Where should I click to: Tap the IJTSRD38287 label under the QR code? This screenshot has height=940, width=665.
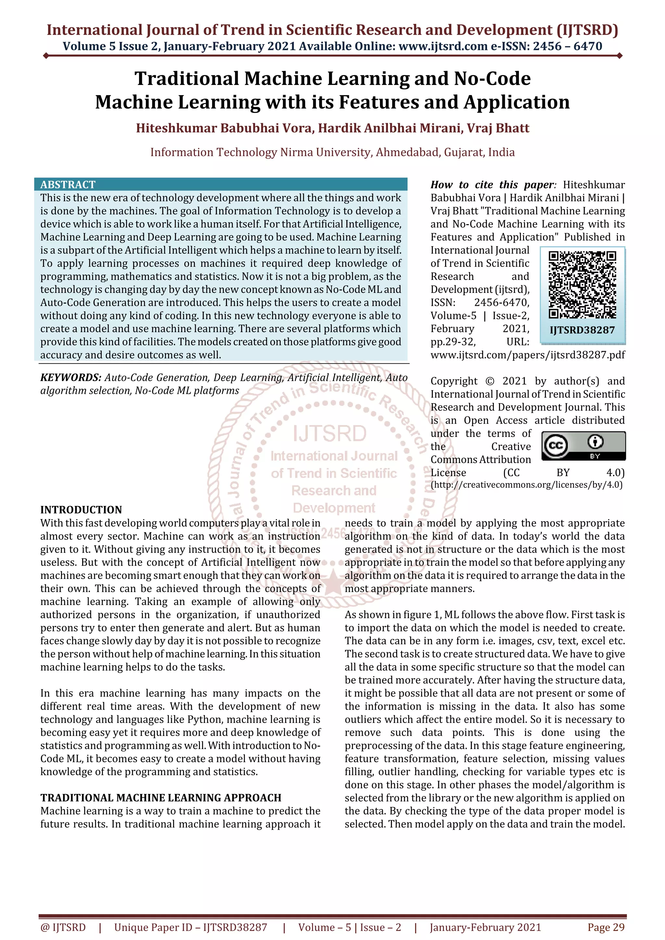point(582,330)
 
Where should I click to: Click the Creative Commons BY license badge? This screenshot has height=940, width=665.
point(583,446)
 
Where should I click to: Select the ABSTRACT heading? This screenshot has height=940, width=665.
point(68,185)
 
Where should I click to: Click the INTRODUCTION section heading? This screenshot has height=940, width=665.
point(81,510)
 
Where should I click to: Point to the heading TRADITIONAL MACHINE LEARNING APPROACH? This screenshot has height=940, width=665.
point(161,798)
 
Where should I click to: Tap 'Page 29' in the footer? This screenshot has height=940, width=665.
point(606,927)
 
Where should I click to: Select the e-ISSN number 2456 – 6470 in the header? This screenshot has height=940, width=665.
point(568,46)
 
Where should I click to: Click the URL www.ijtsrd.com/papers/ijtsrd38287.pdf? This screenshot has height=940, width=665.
point(527,355)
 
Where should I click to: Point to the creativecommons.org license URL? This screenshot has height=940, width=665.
point(526,485)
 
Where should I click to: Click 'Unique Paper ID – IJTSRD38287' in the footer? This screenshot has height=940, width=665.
point(191,927)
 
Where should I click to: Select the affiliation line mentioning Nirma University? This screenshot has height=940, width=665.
point(332,152)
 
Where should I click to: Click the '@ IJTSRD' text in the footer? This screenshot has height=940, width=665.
point(63,927)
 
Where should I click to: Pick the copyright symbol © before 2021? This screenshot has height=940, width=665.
point(490,381)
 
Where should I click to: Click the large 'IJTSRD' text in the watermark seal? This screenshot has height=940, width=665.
point(330,434)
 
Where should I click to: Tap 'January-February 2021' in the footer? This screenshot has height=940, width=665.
point(485,927)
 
